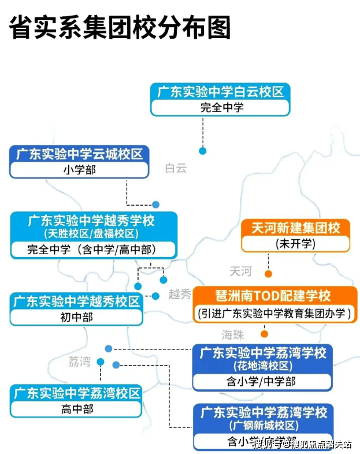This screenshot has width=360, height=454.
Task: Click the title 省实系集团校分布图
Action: point(120,27)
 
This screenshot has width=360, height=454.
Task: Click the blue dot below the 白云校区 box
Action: point(203,151)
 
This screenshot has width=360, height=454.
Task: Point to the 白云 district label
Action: point(176,168)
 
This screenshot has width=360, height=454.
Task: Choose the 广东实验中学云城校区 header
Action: point(79,154)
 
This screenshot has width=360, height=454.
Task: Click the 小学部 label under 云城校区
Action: point(79,170)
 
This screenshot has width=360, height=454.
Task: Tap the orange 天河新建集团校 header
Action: point(295,228)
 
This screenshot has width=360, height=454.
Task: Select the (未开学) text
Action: point(295,243)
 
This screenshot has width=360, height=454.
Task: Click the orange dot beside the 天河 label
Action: point(268,274)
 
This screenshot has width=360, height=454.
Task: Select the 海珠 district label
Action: point(233,335)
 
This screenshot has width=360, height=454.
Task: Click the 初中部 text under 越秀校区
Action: point(76,317)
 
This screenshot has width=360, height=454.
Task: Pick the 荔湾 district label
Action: point(79,362)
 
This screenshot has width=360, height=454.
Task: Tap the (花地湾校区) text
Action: point(262,366)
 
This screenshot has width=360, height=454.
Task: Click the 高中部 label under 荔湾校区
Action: point(76,409)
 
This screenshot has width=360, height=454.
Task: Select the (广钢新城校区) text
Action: point(263,426)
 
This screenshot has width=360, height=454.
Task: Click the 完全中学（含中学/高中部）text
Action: point(93,250)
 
